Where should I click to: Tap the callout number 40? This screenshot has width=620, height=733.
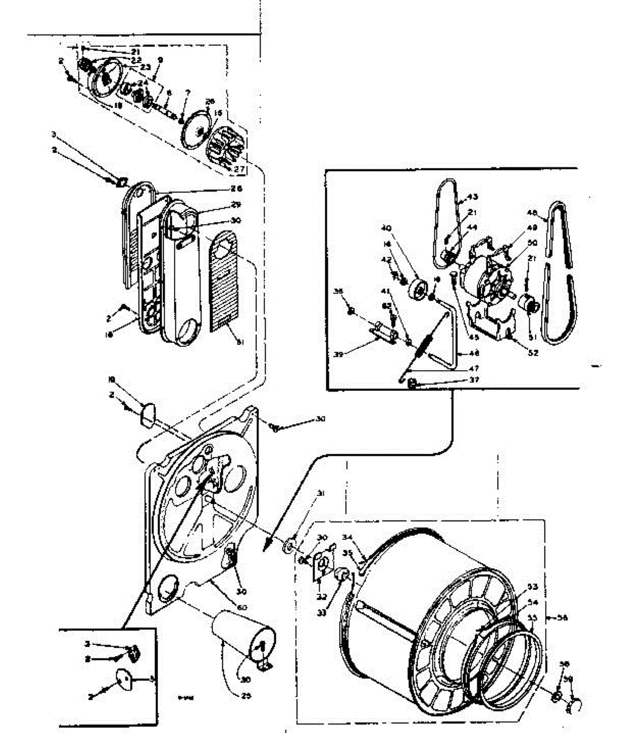[x=386, y=228]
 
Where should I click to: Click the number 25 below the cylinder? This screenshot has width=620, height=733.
[x=246, y=695]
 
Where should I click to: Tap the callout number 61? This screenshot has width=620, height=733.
[x=240, y=342]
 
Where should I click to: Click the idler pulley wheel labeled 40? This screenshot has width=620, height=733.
[x=419, y=290]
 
